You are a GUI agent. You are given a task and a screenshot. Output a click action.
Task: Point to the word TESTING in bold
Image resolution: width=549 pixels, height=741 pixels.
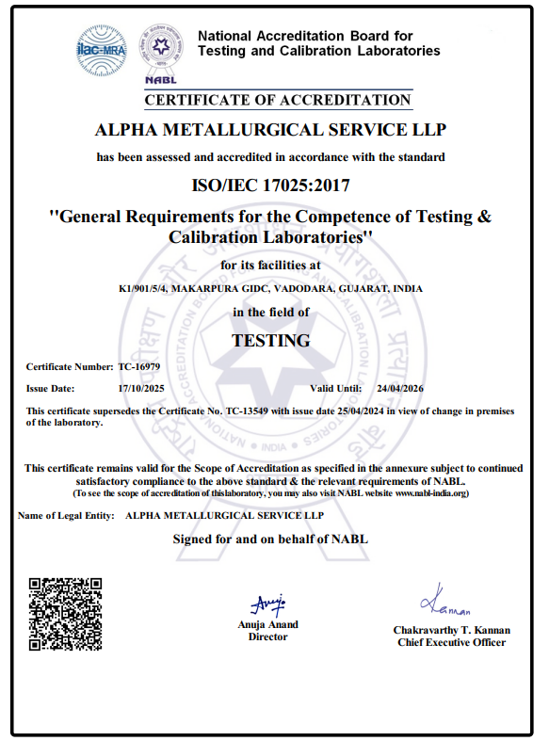[271, 341]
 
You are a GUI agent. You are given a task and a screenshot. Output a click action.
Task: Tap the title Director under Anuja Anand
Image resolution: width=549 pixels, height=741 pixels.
[267, 637]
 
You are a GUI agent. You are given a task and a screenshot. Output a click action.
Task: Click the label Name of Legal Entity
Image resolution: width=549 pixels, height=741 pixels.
[67, 516]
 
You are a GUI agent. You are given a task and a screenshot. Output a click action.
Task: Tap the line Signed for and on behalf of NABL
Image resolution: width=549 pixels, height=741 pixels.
[270, 540]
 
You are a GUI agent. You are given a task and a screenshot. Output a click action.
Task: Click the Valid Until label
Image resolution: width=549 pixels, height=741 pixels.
[335, 388]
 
